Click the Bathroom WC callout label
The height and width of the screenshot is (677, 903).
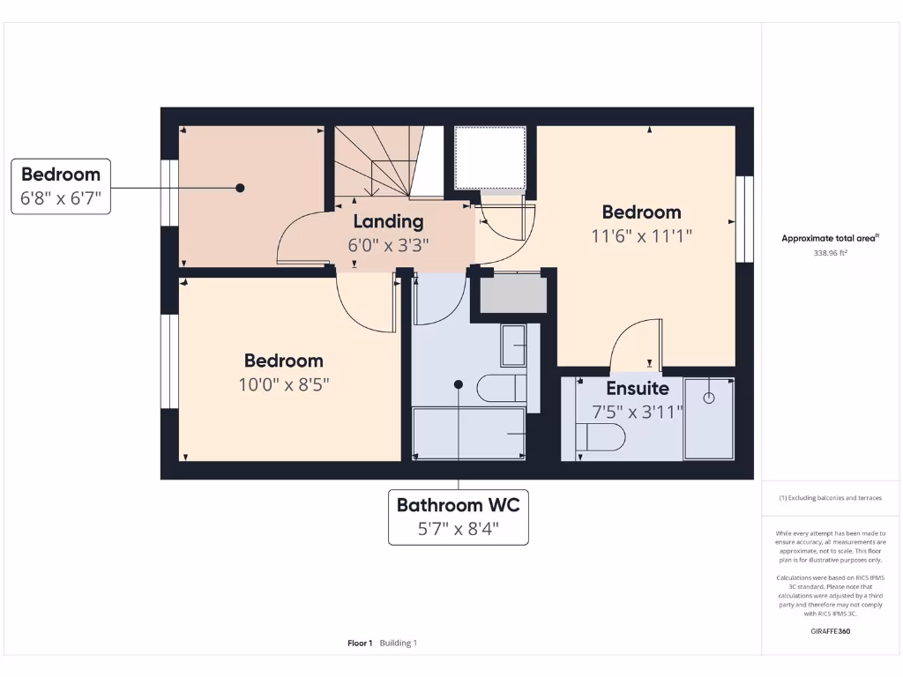click(x=458, y=517)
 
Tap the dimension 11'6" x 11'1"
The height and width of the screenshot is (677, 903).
click(x=641, y=236)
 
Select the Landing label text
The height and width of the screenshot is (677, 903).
click(x=388, y=222)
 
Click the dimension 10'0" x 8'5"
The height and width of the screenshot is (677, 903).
click(x=283, y=384)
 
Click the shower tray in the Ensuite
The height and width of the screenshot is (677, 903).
click(x=709, y=420)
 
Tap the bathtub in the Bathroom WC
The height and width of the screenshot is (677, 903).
click(x=469, y=433)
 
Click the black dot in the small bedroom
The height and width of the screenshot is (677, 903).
click(x=239, y=187)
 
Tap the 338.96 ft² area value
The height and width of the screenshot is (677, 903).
click(x=830, y=253)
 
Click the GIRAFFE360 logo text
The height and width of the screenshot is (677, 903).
click(x=830, y=631)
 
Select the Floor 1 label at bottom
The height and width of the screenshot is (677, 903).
click(x=360, y=644)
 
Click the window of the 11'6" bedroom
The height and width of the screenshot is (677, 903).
click(x=745, y=219)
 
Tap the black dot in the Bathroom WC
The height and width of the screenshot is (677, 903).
click(x=458, y=384)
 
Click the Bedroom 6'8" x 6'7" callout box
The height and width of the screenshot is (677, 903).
click(x=62, y=186)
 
